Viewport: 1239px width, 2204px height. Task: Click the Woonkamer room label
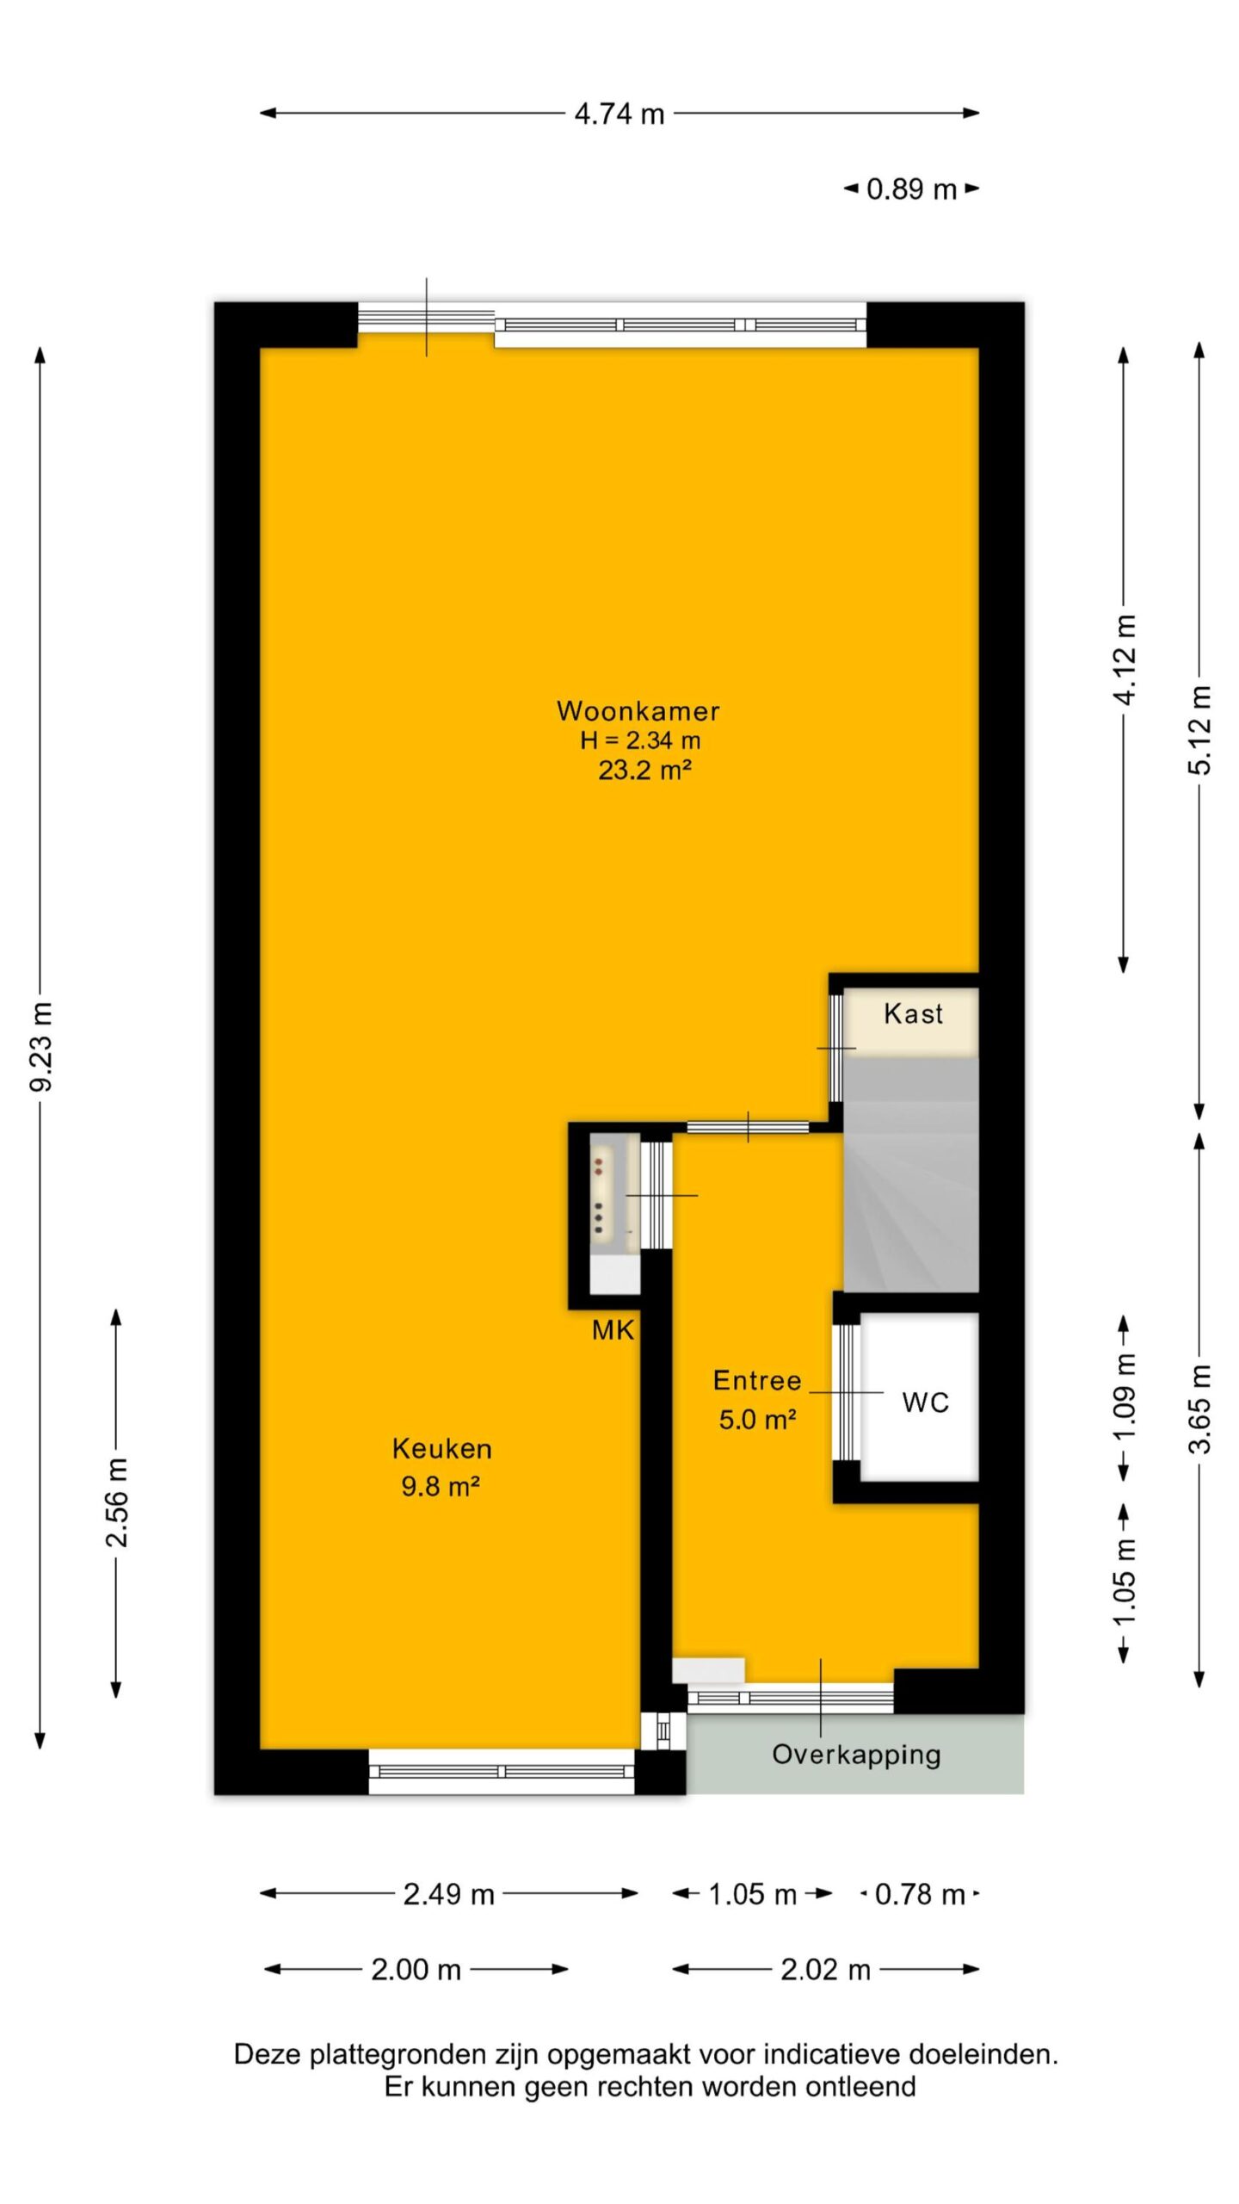638,711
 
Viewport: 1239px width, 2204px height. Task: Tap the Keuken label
441,1449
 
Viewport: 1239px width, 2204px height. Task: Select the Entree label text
757,1381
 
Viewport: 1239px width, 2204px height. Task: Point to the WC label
925,1402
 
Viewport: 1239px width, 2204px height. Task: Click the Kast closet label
913,1013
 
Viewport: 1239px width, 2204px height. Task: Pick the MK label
613,1330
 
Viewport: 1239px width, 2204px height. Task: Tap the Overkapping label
856,1755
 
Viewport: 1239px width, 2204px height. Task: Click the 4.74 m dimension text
619,114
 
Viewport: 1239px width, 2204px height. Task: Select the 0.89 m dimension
911,189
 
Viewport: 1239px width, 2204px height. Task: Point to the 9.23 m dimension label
41,1046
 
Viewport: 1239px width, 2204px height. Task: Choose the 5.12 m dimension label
1199,730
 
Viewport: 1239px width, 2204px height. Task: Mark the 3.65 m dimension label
1199,1409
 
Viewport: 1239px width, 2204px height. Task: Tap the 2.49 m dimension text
449,1894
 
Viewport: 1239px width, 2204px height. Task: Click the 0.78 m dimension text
920,1894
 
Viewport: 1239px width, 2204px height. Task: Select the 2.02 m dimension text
825,1970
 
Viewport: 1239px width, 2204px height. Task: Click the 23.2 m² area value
645,769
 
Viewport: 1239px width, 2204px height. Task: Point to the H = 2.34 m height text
640,740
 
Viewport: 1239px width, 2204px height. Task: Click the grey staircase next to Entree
910,1174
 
